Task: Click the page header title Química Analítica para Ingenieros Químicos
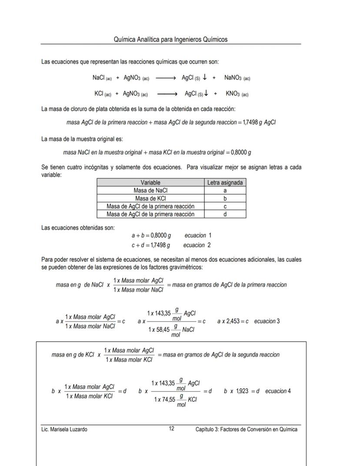tap(170, 40)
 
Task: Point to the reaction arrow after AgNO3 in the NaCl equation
tap(165, 78)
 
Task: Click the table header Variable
tap(150, 183)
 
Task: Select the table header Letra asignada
tap(225, 183)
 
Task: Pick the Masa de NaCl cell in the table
tap(150, 191)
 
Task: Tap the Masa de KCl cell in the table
tap(150, 198)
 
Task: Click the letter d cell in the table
tap(225, 214)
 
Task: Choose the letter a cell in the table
tap(225, 191)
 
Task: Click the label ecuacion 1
tap(198, 235)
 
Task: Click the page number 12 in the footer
tap(172, 429)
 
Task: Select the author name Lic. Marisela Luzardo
tap(64, 429)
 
